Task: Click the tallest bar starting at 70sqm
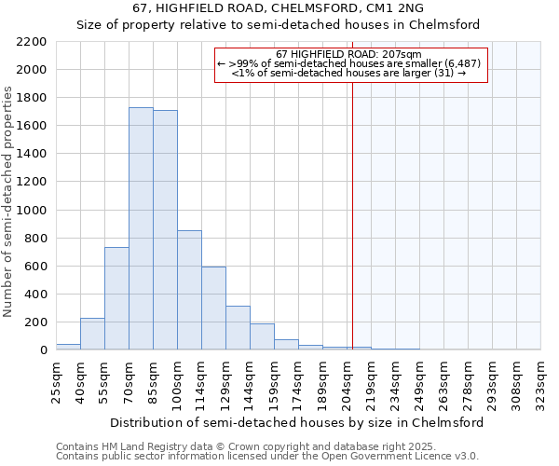[x=141, y=228]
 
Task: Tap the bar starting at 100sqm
[x=189, y=290]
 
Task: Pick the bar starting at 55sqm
[x=116, y=298]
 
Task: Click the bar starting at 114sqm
[x=213, y=308]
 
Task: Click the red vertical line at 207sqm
[x=353, y=214]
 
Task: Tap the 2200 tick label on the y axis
[x=32, y=42]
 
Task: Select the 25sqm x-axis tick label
[x=56, y=380]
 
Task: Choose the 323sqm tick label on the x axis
[x=540, y=380]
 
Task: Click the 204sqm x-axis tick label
[x=347, y=380]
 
